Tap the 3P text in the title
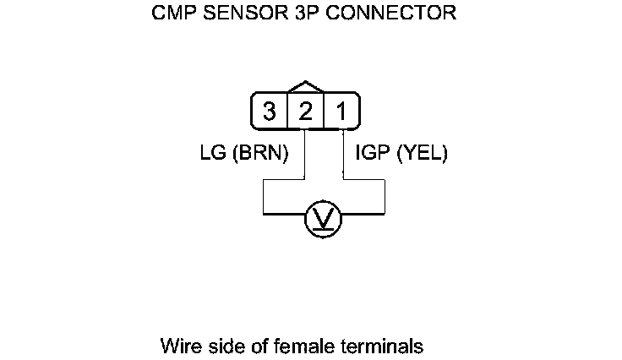point(295,14)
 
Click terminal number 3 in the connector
point(269,112)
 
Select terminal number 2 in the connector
point(306,112)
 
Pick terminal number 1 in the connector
point(341,112)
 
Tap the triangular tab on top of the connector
point(306,87)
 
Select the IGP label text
point(373,154)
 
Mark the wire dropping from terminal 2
point(303,152)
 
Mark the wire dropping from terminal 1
point(345,152)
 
